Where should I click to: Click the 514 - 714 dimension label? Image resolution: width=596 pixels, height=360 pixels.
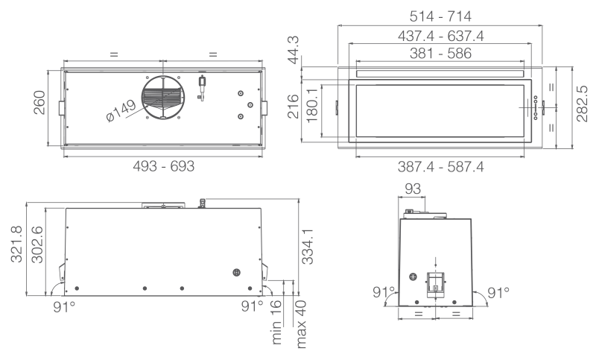(440, 16)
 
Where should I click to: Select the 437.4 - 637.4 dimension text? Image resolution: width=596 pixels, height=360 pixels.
(440, 36)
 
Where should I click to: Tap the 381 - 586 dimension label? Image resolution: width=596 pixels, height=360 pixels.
(440, 53)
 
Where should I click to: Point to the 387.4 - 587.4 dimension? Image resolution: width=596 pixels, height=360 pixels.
(440, 166)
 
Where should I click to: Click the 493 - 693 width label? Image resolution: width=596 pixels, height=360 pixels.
(163, 166)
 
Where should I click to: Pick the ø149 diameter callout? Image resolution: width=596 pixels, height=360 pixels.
(121, 111)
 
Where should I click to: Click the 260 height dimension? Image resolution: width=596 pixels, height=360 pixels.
(39, 103)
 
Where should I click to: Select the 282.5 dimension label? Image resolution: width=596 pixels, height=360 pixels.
(582, 104)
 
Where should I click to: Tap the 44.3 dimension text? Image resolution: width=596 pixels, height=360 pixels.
(293, 50)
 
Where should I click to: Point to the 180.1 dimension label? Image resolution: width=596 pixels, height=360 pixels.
(311, 106)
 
